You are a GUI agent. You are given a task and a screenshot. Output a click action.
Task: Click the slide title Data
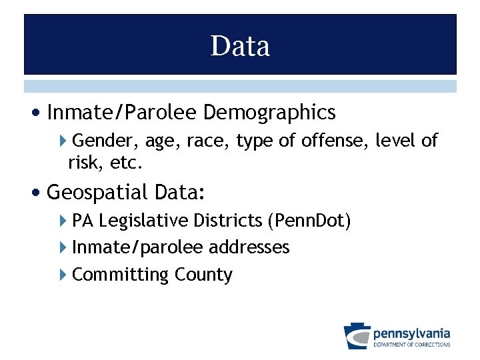pos(240,46)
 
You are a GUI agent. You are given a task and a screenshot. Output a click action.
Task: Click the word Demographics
pos(269,113)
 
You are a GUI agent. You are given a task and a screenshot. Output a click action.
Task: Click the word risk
pos(83,162)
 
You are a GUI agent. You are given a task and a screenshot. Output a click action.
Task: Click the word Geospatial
pos(97,193)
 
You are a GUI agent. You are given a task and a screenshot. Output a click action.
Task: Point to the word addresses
pos(249,247)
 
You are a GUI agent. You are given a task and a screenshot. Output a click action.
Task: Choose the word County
pos(203,275)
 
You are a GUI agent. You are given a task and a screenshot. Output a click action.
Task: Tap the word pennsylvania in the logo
pos(411,333)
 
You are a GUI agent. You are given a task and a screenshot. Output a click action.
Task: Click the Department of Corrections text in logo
pos(411,345)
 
